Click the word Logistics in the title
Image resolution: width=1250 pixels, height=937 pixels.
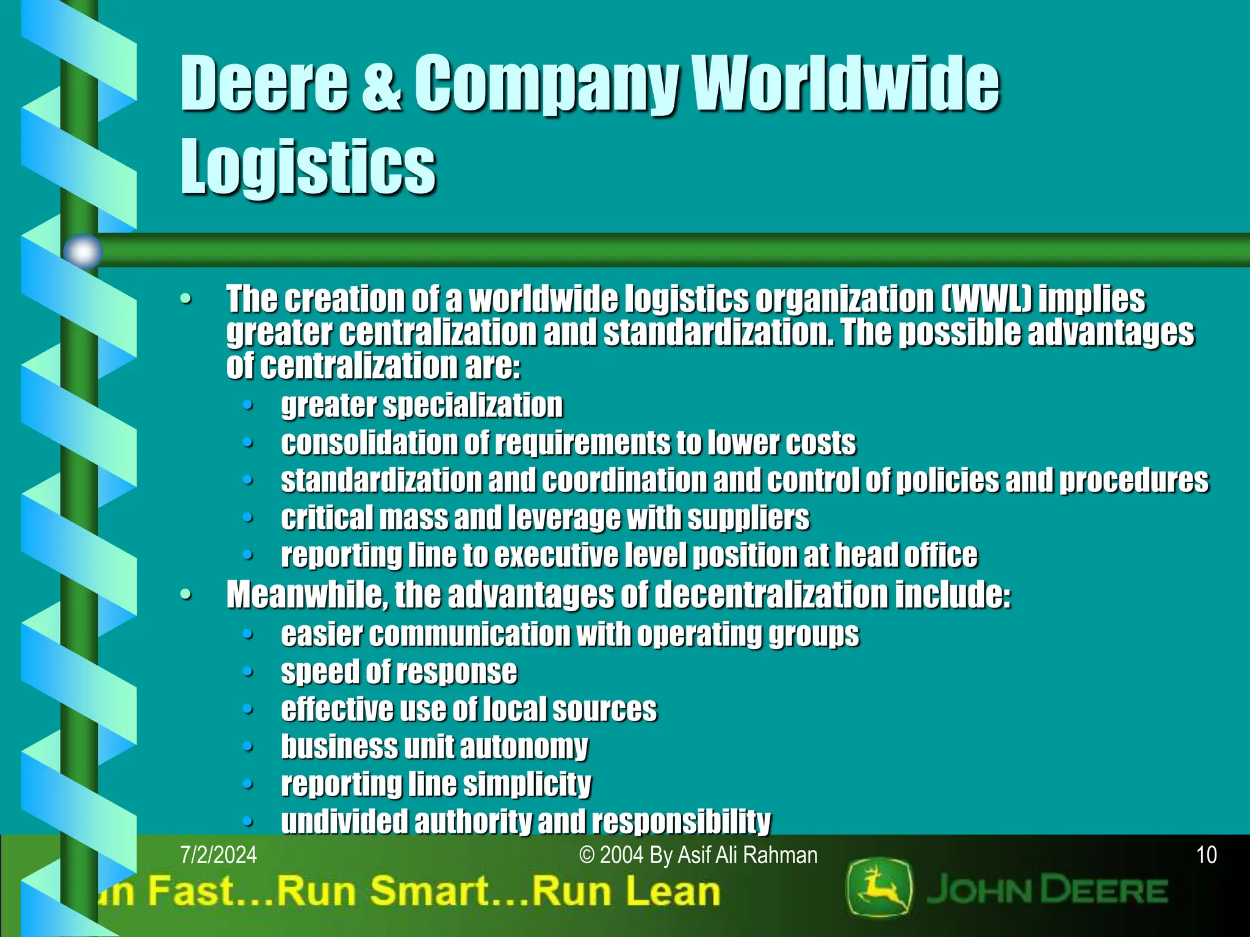(x=308, y=166)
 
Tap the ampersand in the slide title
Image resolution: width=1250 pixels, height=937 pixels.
(x=381, y=84)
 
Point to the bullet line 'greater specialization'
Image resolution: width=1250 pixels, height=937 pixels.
(x=422, y=406)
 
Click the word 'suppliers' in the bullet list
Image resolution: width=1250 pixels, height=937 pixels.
(x=748, y=519)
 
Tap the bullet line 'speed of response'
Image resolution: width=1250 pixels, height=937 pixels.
(x=399, y=672)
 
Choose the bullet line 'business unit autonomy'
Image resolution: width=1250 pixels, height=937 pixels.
(x=434, y=747)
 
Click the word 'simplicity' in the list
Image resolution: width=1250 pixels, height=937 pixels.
(x=532, y=784)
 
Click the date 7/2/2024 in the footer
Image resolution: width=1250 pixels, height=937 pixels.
(x=219, y=855)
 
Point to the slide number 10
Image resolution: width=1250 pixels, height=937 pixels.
(x=1207, y=855)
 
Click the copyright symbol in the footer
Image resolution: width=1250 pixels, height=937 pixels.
(x=587, y=856)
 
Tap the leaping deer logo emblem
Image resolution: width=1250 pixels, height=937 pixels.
(x=880, y=888)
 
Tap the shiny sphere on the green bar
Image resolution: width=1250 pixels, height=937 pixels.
(x=83, y=251)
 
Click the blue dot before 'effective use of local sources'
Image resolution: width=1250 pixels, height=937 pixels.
(x=247, y=709)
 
